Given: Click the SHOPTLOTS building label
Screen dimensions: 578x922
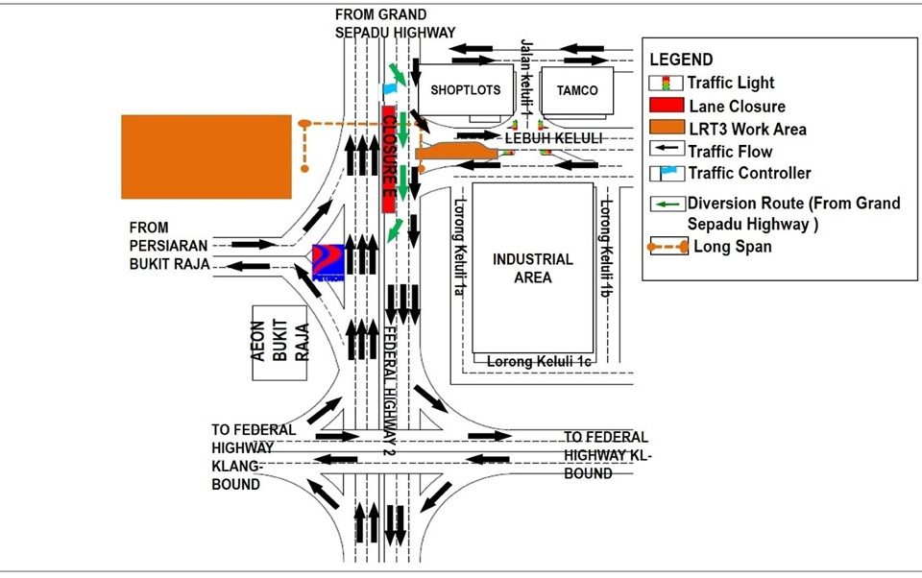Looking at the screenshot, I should coord(466,90).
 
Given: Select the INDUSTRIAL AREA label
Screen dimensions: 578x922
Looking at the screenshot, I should coord(532,268).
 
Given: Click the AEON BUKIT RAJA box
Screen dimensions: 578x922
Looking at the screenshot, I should coord(279,342).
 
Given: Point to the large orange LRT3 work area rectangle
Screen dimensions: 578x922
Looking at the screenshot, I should coord(206,157).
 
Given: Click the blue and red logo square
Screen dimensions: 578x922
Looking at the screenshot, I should coord(328,261).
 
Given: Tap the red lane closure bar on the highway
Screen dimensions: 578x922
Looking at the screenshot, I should coord(389,159).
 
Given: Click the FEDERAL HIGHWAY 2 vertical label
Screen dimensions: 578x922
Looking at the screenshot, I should coord(390,393).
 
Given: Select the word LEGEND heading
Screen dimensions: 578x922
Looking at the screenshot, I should coord(681,60).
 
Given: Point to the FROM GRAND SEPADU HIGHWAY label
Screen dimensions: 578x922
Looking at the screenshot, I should coord(395,23).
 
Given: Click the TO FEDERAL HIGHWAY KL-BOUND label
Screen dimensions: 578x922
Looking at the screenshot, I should coord(606,455).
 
